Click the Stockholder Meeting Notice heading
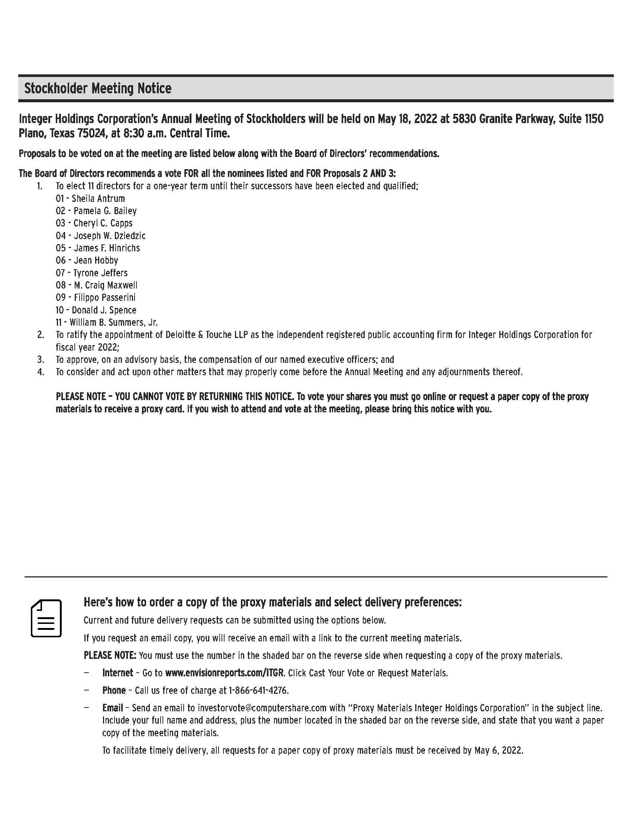(x=98, y=88)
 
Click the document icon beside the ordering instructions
(x=46, y=618)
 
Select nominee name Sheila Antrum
(x=98, y=199)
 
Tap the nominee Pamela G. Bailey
(x=105, y=211)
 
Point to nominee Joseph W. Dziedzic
(x=109, y=236)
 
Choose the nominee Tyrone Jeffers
(x=100, y=273)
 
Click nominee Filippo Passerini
(x=104, y=297)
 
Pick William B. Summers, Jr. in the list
(x=113, y=322)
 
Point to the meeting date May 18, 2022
(x=407, y=119)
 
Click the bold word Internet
(x=117, y=673)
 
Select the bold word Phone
(x=114, y=690)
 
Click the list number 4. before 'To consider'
(x=41, y=372)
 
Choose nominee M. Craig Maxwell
(x=106, y=285)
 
